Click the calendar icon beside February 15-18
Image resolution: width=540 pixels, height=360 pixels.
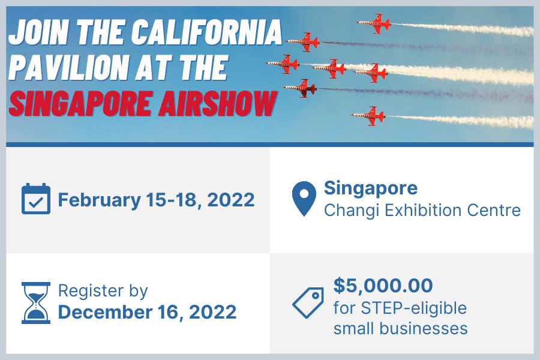(36, 199)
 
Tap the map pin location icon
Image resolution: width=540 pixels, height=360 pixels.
(304, 199)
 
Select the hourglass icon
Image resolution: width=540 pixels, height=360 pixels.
(36, 303)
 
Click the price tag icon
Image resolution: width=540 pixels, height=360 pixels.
(308, 302)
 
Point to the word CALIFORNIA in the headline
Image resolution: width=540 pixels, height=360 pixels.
(206, 32)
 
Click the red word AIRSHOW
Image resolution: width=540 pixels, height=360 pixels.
(218, 103)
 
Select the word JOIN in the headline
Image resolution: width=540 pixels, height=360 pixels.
(39, 32)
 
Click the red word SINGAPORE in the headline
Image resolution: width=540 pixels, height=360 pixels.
(80, 103)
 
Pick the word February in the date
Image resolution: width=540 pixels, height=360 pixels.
(99, 200)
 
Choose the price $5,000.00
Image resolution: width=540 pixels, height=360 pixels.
(383, 286)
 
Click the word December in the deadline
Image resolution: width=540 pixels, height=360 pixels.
(105, 312)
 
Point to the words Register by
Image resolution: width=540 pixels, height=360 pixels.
(103, 292)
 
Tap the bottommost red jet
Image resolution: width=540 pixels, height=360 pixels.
(368, 116)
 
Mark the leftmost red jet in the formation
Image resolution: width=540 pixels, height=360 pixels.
(283, 64)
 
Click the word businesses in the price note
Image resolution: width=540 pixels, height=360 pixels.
(424, 328)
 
